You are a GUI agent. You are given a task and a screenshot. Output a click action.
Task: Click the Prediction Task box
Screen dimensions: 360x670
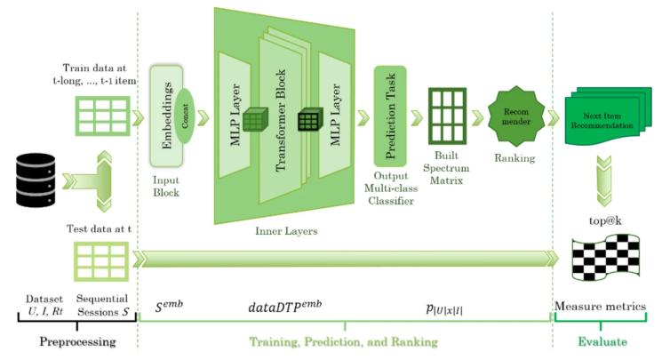point(389,114)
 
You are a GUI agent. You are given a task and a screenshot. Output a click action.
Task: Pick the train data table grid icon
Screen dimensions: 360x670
point(97,116)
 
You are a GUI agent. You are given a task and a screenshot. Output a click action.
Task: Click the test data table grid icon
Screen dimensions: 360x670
point(97,258)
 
